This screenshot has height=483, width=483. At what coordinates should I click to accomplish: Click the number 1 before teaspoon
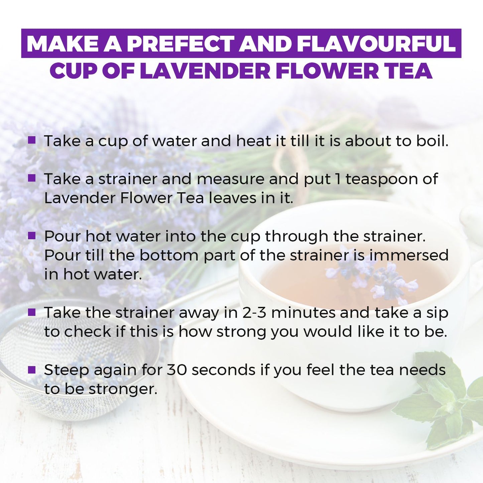[x=338, y=179]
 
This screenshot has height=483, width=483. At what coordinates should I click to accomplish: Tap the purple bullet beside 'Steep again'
[x=32, y=369]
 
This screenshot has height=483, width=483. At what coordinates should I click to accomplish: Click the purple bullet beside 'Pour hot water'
[x=32, y=236]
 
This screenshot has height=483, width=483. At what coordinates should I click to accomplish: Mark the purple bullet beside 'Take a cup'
[x=32, y=140]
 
